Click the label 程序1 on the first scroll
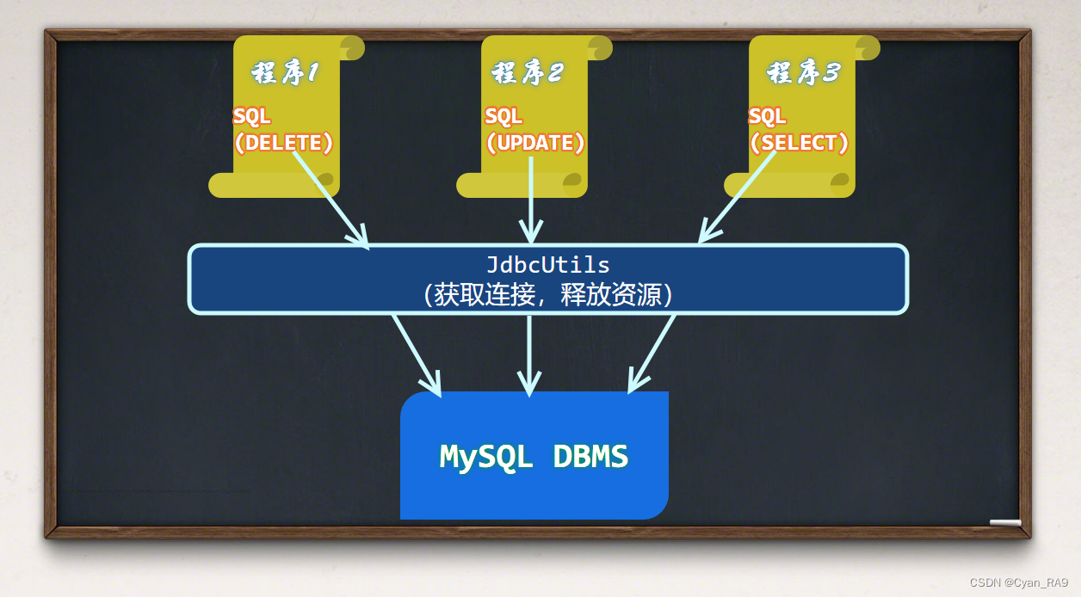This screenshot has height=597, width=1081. tap(285, 73)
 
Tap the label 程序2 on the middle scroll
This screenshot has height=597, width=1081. tap(528, 73)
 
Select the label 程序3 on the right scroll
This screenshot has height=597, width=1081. tap(802, 73)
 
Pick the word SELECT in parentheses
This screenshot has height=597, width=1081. tap(799, 143)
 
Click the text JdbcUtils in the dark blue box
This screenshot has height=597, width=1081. tap(547, 264)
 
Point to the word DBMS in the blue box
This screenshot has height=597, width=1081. tap(590, 456)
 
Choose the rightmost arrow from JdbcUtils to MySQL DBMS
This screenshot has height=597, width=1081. tap(652, 353)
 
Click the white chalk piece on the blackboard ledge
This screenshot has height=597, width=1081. tap(1005, 522)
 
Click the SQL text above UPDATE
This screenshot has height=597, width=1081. tap(503, 116)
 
